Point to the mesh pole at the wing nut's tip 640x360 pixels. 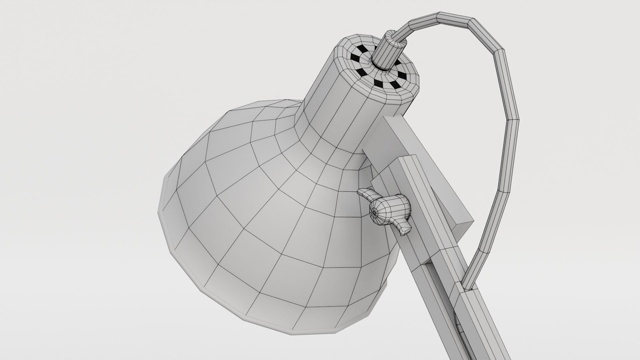375,211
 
